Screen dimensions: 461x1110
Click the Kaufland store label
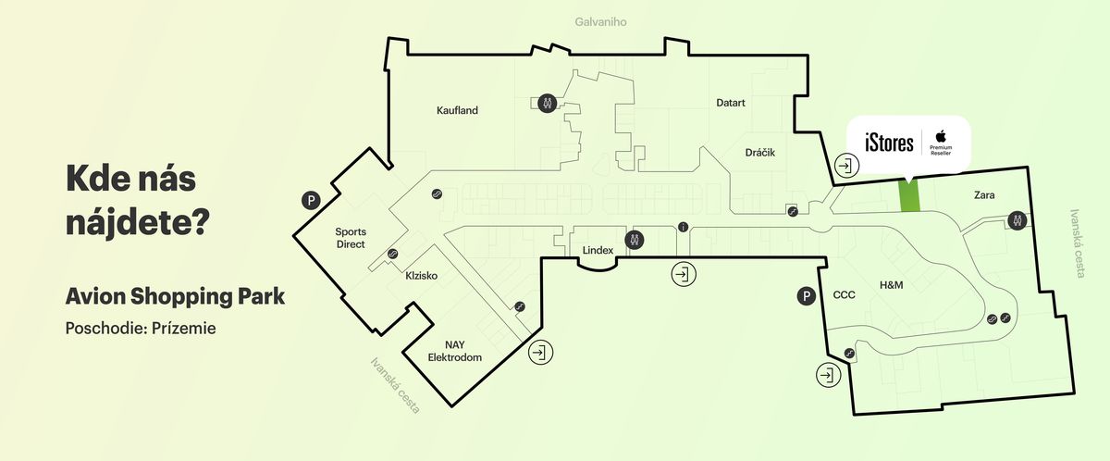pos(457,111)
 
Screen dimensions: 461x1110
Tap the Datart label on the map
pos(731,103)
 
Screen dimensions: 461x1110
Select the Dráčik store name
pos(759,151)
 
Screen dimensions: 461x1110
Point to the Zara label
pos(983,195)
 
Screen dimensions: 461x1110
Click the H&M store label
pos(891,284)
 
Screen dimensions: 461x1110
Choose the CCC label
pos(845,295)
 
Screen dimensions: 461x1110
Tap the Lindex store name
pos(598,251)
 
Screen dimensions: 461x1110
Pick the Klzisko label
pos(421,276)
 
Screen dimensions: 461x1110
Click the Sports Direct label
pos(350,238)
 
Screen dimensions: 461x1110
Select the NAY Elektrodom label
pos(455,351)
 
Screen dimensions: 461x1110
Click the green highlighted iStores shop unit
pos(910,195)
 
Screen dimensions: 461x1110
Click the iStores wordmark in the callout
pos(889,143)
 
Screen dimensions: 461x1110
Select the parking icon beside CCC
pos(807,296)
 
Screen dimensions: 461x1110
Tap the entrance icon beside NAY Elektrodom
pos(540,352)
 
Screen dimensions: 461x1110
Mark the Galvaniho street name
pos(600,21)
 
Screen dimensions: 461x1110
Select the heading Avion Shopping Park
pos(175,297)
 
